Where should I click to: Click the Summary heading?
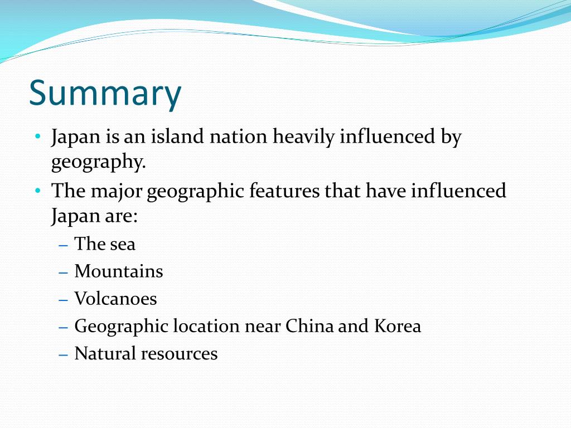pos(105,94)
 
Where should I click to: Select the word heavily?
pos(304,137)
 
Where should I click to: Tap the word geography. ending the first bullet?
pos(98,162)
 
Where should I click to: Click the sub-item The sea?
pos(105,244)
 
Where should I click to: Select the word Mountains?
pos(119,271)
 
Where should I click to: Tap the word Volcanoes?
pos(115,299)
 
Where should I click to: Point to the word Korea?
pos(398,326)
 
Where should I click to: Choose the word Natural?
pos(105,353)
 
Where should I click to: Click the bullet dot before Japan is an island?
pos(37,137)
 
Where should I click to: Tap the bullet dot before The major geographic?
pos(37,191)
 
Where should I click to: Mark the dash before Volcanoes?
pos(63,299)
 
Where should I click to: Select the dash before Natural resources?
pos(63,354)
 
